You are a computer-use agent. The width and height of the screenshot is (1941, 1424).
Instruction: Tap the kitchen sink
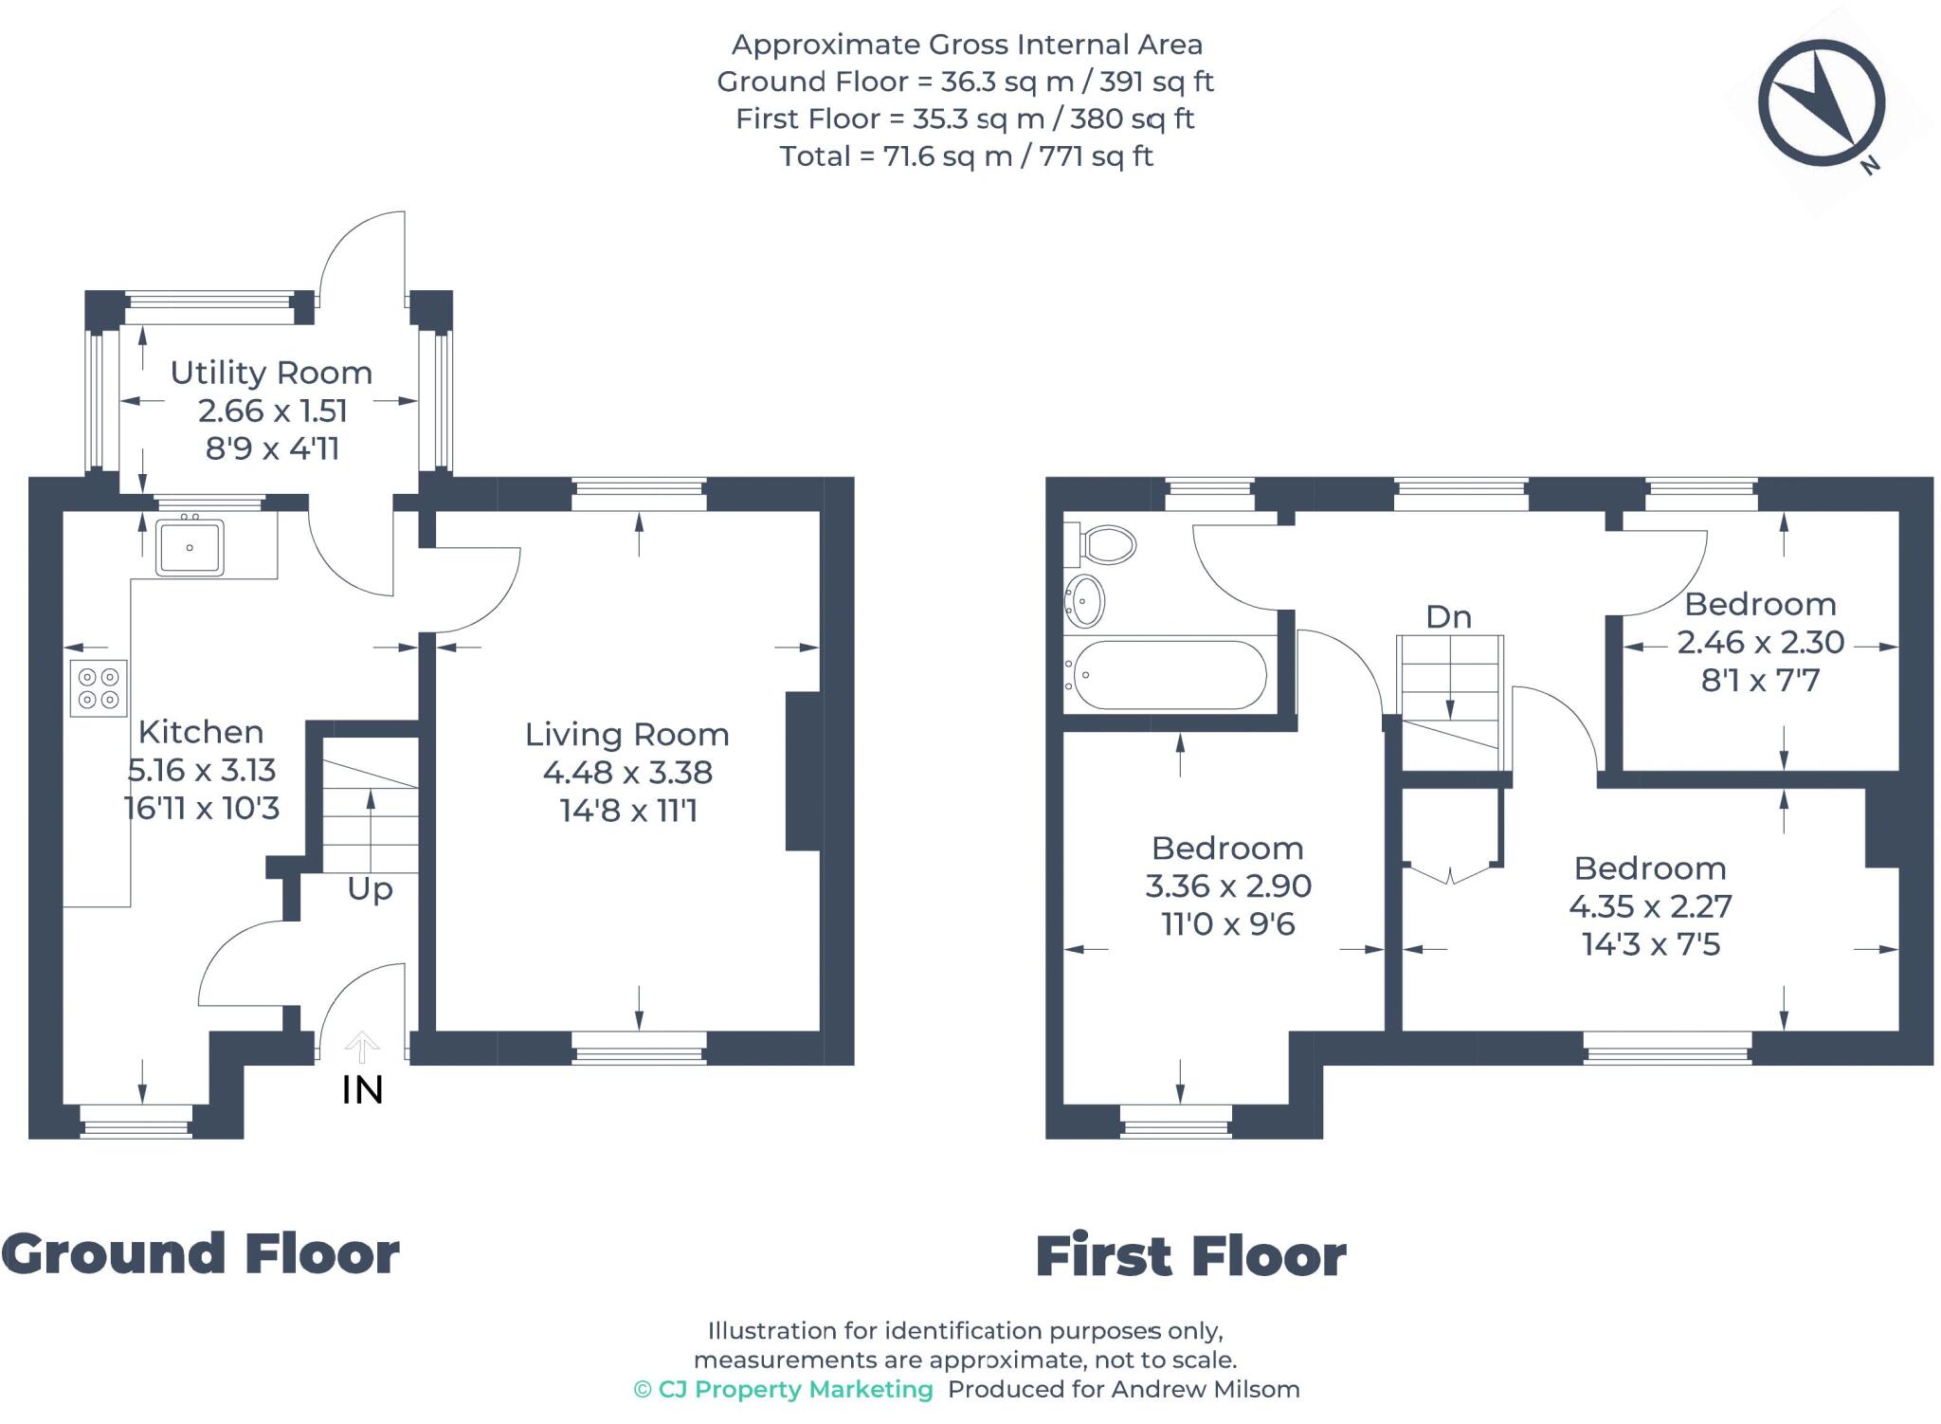[190, 546]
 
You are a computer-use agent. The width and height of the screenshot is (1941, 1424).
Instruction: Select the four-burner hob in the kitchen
[99, 688]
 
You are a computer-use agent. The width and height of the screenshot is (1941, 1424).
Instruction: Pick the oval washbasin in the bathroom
[1085, 600]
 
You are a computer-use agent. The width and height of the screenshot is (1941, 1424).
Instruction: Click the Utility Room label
[271, 373]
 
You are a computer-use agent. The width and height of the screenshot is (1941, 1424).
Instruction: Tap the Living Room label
[627, 734]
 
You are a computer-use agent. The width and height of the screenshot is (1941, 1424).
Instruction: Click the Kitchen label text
[201, 732]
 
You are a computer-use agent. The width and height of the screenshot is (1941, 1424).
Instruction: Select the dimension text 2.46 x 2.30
[1760, 642]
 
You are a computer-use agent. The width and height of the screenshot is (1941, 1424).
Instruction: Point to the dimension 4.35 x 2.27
[1650, 906]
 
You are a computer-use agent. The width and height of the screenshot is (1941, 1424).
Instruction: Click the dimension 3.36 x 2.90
[1228, 885]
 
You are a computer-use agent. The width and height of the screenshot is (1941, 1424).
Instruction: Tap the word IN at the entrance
[362, 1090]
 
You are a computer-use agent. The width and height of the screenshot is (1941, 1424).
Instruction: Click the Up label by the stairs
[370, 889]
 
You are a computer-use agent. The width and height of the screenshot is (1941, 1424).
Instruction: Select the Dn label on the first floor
[1448, 617]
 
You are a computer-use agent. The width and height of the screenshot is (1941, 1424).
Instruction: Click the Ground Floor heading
[201, 1253]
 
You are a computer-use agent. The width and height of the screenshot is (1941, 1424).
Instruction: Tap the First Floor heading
[1190, 1256]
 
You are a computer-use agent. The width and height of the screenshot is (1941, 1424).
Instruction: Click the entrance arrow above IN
[362, 1047]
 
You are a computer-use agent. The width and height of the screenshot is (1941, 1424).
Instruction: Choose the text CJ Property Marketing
[783, 1389]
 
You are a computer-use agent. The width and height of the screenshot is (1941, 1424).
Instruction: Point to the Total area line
[966, 155]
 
